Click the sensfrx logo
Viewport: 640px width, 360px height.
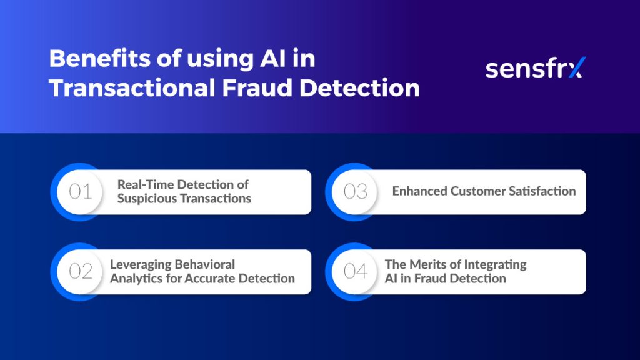click(535, 68)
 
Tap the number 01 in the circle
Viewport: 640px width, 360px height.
click(80, 192)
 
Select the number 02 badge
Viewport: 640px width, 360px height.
click(80, 272)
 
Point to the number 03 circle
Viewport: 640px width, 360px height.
click(355, 192)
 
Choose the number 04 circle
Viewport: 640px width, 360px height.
click(355, 272)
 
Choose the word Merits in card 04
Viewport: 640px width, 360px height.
click(430, 264)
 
